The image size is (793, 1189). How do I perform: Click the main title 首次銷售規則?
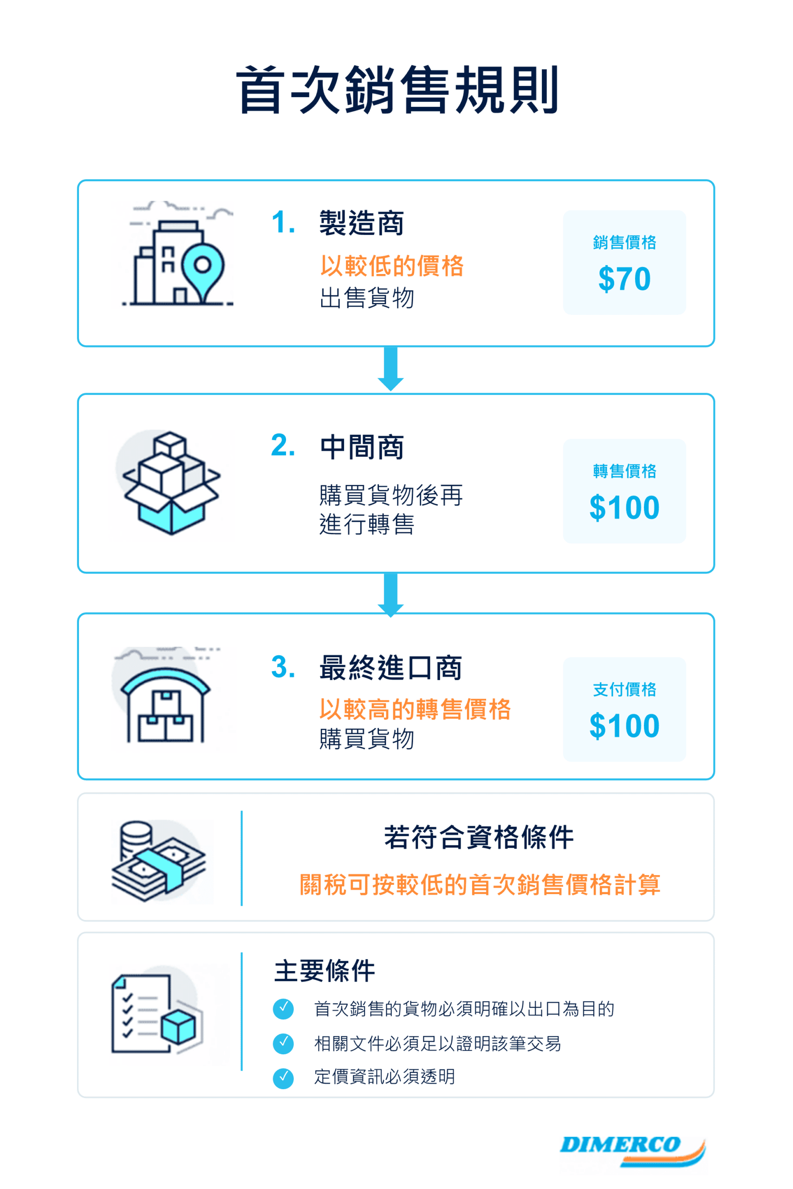(397, 90)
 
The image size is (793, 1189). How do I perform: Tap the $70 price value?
(624, 279)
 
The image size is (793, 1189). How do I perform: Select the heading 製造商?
(362, 222)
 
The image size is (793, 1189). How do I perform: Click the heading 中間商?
(362, 447)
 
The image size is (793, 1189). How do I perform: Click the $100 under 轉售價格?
(624, 508)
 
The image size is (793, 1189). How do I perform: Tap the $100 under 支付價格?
(624, 726)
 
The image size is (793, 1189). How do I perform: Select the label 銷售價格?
(624, 242)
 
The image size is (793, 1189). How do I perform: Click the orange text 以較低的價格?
(392, 266)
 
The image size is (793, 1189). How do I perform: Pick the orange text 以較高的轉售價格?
(415, 709)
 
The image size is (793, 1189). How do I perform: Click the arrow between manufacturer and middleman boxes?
(390, 369)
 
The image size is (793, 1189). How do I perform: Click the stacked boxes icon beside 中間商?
(171, 483)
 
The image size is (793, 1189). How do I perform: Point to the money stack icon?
(158, 861)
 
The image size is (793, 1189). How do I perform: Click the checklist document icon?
(157, 1015)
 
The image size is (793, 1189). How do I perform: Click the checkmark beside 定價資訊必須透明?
(283, 1078)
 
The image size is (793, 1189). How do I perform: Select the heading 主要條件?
(325, 970)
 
